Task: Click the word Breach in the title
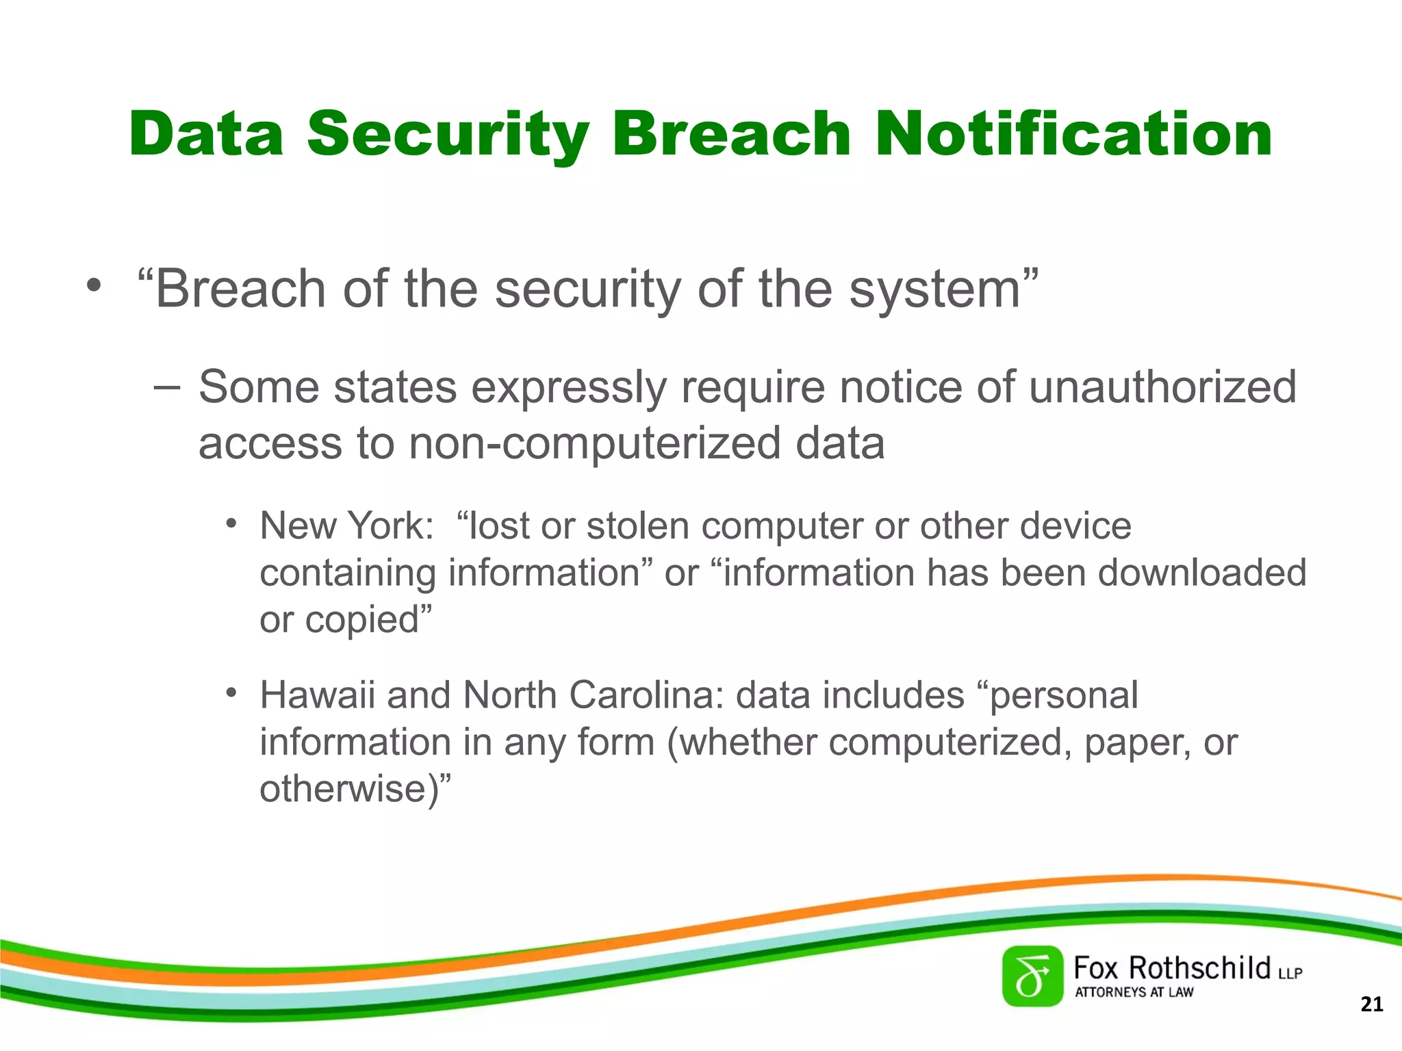[731, 133]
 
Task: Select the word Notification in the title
[1073, 133]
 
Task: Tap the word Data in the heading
[206, 133]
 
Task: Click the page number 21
[1371, 1004]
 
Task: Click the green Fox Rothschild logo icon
[1032, 976]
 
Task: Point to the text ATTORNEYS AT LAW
[1134, 992]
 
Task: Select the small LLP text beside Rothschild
[1290, 973]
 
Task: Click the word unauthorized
[1162, 387]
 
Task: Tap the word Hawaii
[317, 695]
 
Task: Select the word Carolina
[646, 695]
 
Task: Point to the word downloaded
[1202, 573]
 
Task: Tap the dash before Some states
[166, 387]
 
